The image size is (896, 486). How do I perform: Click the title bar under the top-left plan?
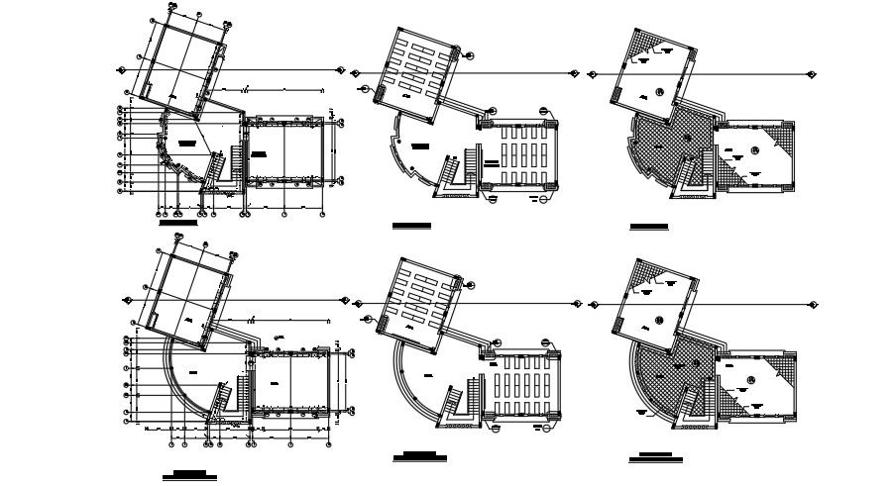point(178,225)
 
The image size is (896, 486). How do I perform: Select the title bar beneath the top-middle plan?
point(411,227)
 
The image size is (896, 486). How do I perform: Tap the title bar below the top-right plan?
point(649,228)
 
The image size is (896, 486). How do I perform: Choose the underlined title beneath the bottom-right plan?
point(654,459)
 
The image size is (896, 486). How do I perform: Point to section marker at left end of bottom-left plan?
point(127,298)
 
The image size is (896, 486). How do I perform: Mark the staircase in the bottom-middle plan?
point(455,402)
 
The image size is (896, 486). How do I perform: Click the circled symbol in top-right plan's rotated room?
point(657,94)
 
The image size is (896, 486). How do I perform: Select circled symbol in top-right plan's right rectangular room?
point(754,150)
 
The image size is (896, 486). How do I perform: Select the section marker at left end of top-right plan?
point(590,72)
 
